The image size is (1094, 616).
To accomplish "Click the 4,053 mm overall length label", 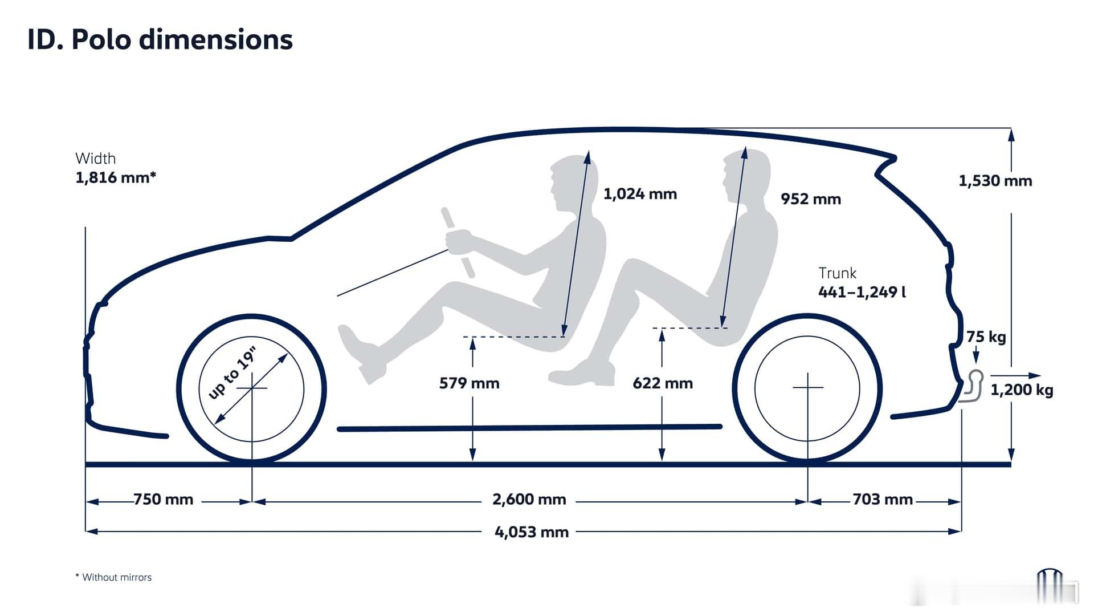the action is (532, 532).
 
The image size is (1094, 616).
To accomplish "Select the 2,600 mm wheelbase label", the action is (529, 500).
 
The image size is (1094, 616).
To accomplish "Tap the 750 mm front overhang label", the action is (164, 500).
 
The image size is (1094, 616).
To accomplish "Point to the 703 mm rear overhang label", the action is (883, 500).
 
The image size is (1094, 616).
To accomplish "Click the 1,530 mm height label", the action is (995, 181).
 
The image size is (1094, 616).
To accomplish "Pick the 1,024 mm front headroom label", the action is (640, 194).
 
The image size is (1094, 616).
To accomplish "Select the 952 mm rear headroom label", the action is (811, 199).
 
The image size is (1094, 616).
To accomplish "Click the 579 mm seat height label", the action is (470, 383).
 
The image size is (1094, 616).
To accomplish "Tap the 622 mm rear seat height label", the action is (663, 383).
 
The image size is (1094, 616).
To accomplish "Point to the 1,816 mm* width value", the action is (116, 177).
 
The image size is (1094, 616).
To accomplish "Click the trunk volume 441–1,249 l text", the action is (862, 292).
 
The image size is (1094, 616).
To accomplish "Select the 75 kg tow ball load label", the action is (986, 337).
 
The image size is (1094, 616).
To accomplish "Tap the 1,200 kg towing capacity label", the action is (1022, 390).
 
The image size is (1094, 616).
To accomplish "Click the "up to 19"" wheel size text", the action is (232, 372).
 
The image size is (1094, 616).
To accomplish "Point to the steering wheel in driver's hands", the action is (458, 243).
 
